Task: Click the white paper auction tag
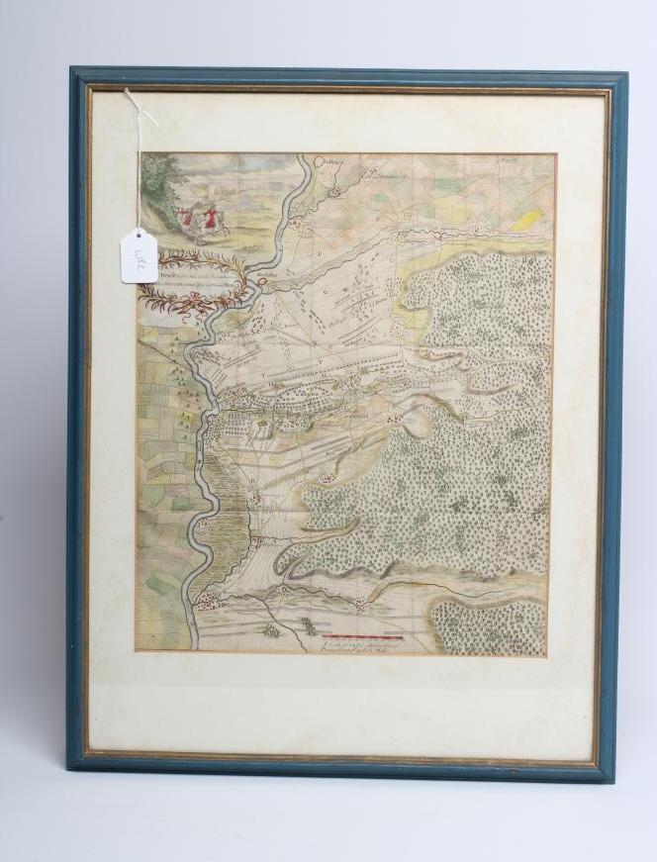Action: (140, 255)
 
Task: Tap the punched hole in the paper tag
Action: (139, 237)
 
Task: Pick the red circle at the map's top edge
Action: (320, 158)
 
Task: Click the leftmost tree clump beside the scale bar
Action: (270, 629)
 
